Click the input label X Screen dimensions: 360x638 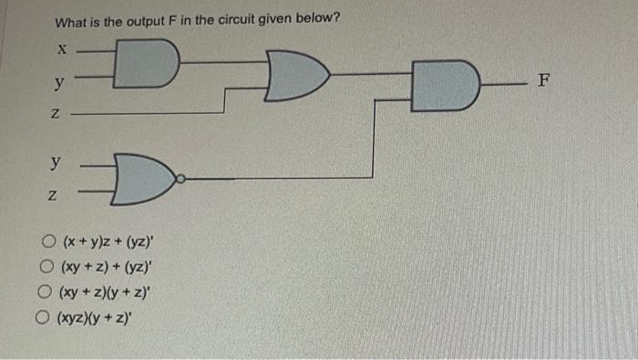[x=61, y=48]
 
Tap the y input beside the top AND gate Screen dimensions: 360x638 [x=58, y=84]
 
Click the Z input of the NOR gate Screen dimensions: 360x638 [x=54, y=197]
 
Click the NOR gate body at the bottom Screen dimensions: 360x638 [x=142, y=179]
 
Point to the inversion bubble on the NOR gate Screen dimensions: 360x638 [x=180, y=179]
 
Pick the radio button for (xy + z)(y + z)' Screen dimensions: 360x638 [x=44, y=293]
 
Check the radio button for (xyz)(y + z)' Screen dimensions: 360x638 [x=41, y=319]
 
